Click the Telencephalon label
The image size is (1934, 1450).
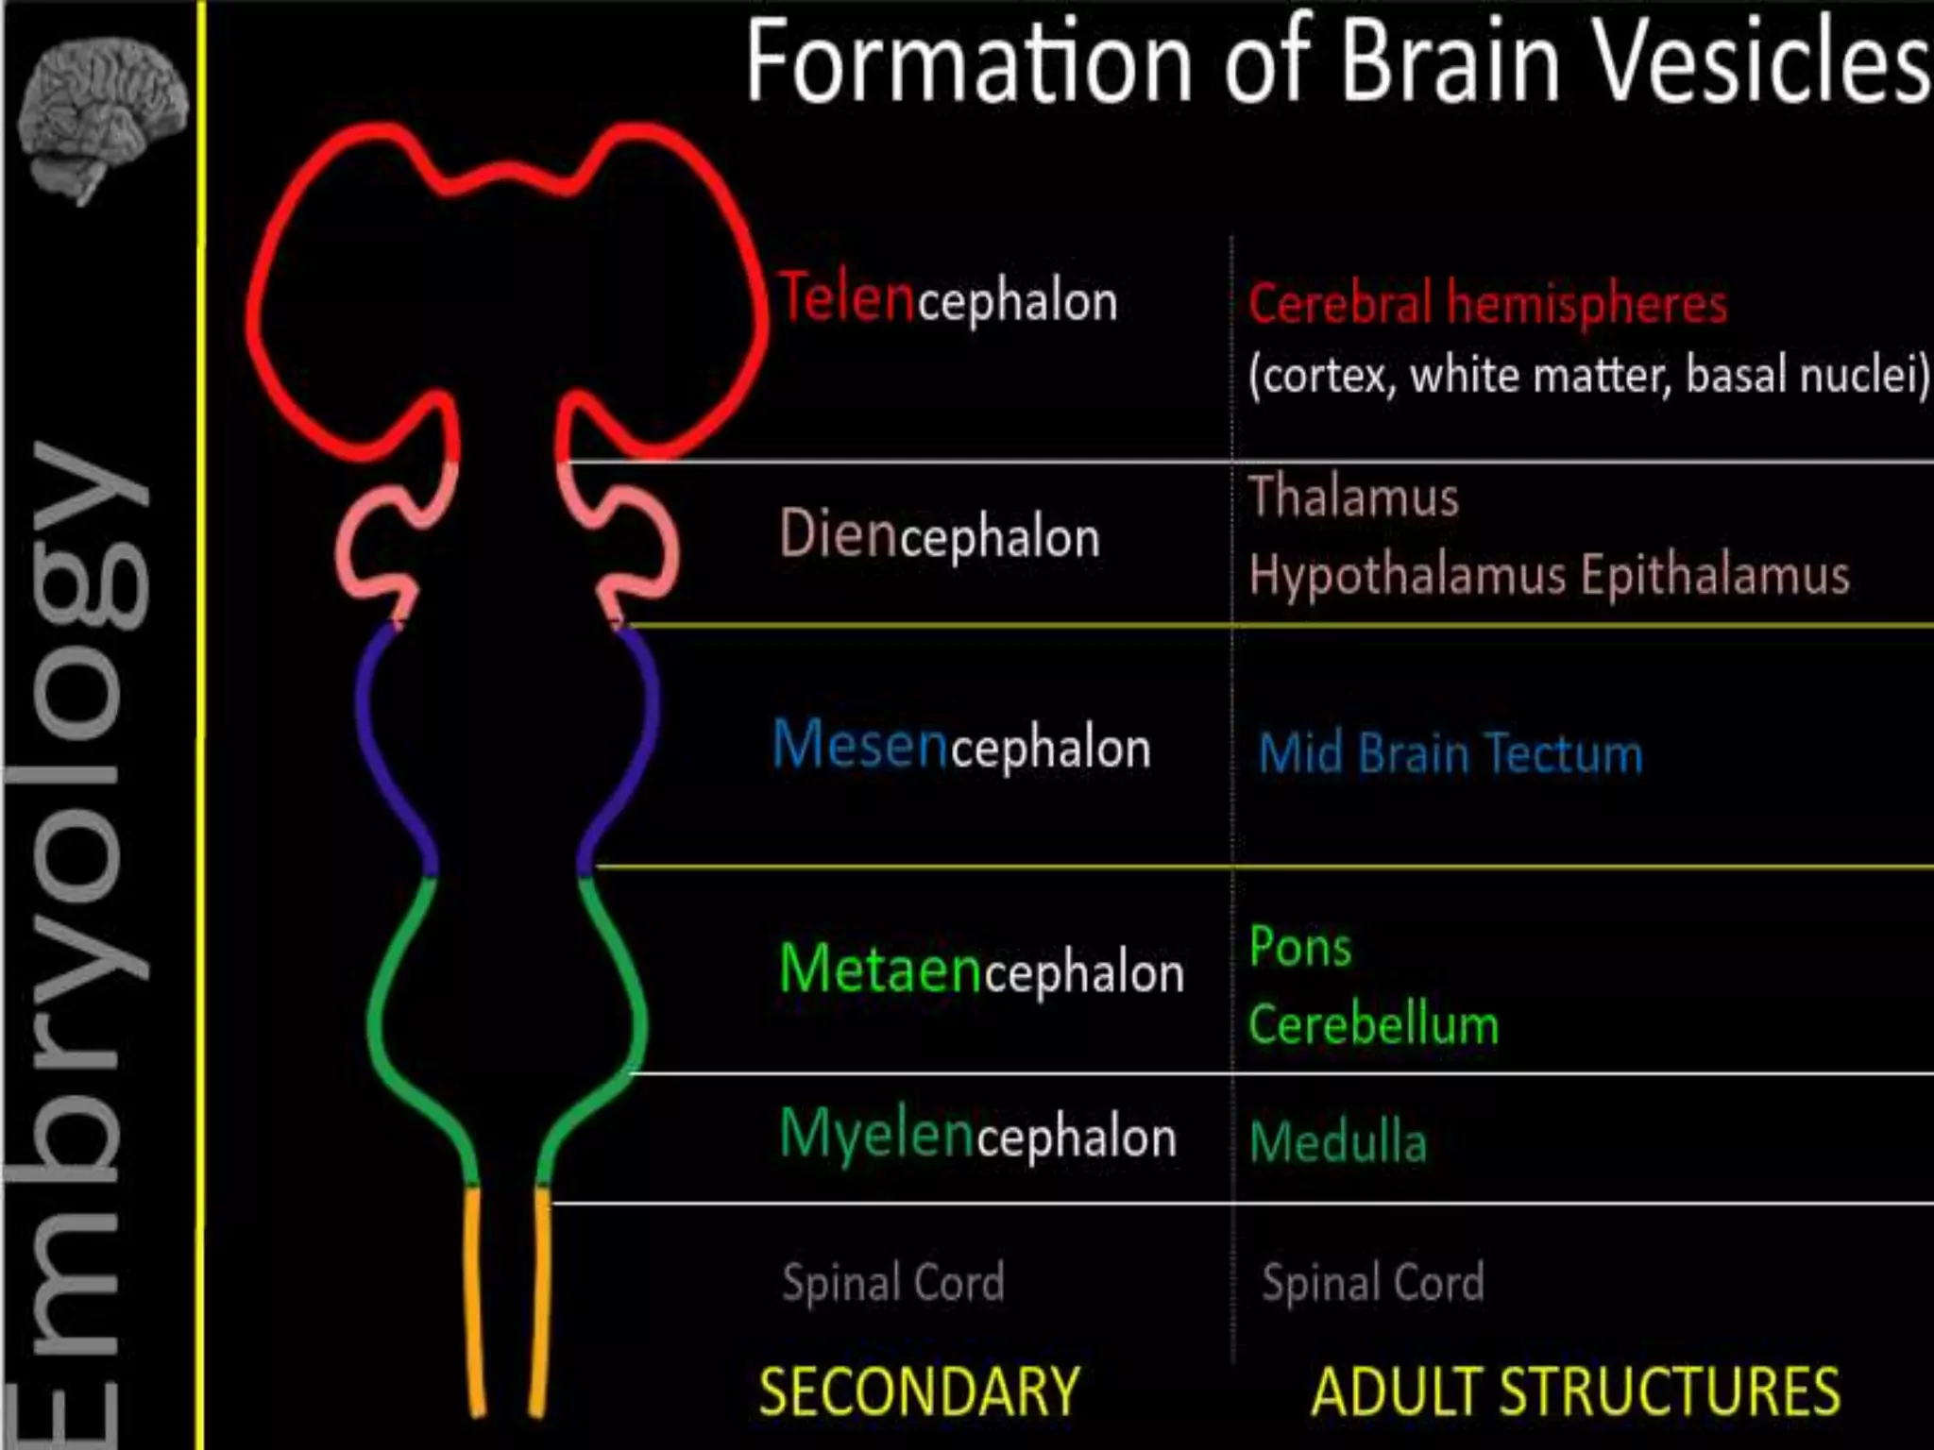947,299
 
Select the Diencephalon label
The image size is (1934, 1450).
940,535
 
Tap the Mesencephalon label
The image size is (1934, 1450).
961,747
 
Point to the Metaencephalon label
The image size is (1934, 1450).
981,970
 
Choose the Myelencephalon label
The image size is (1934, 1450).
977,1135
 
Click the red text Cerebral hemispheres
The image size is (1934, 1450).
1487,304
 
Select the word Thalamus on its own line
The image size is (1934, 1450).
1353,497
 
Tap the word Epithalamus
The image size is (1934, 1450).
1715,575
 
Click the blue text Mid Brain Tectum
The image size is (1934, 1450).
1450,754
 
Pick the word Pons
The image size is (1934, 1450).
1299,947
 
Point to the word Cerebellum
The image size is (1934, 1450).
1373,1025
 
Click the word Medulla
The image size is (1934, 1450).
1337,1141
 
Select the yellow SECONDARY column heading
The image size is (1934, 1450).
919,1391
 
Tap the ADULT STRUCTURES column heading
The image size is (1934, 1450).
1575,1391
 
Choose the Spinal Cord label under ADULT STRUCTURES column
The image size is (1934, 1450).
1372,1283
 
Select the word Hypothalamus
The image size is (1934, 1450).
1407,575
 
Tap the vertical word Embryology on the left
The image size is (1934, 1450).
76,944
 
